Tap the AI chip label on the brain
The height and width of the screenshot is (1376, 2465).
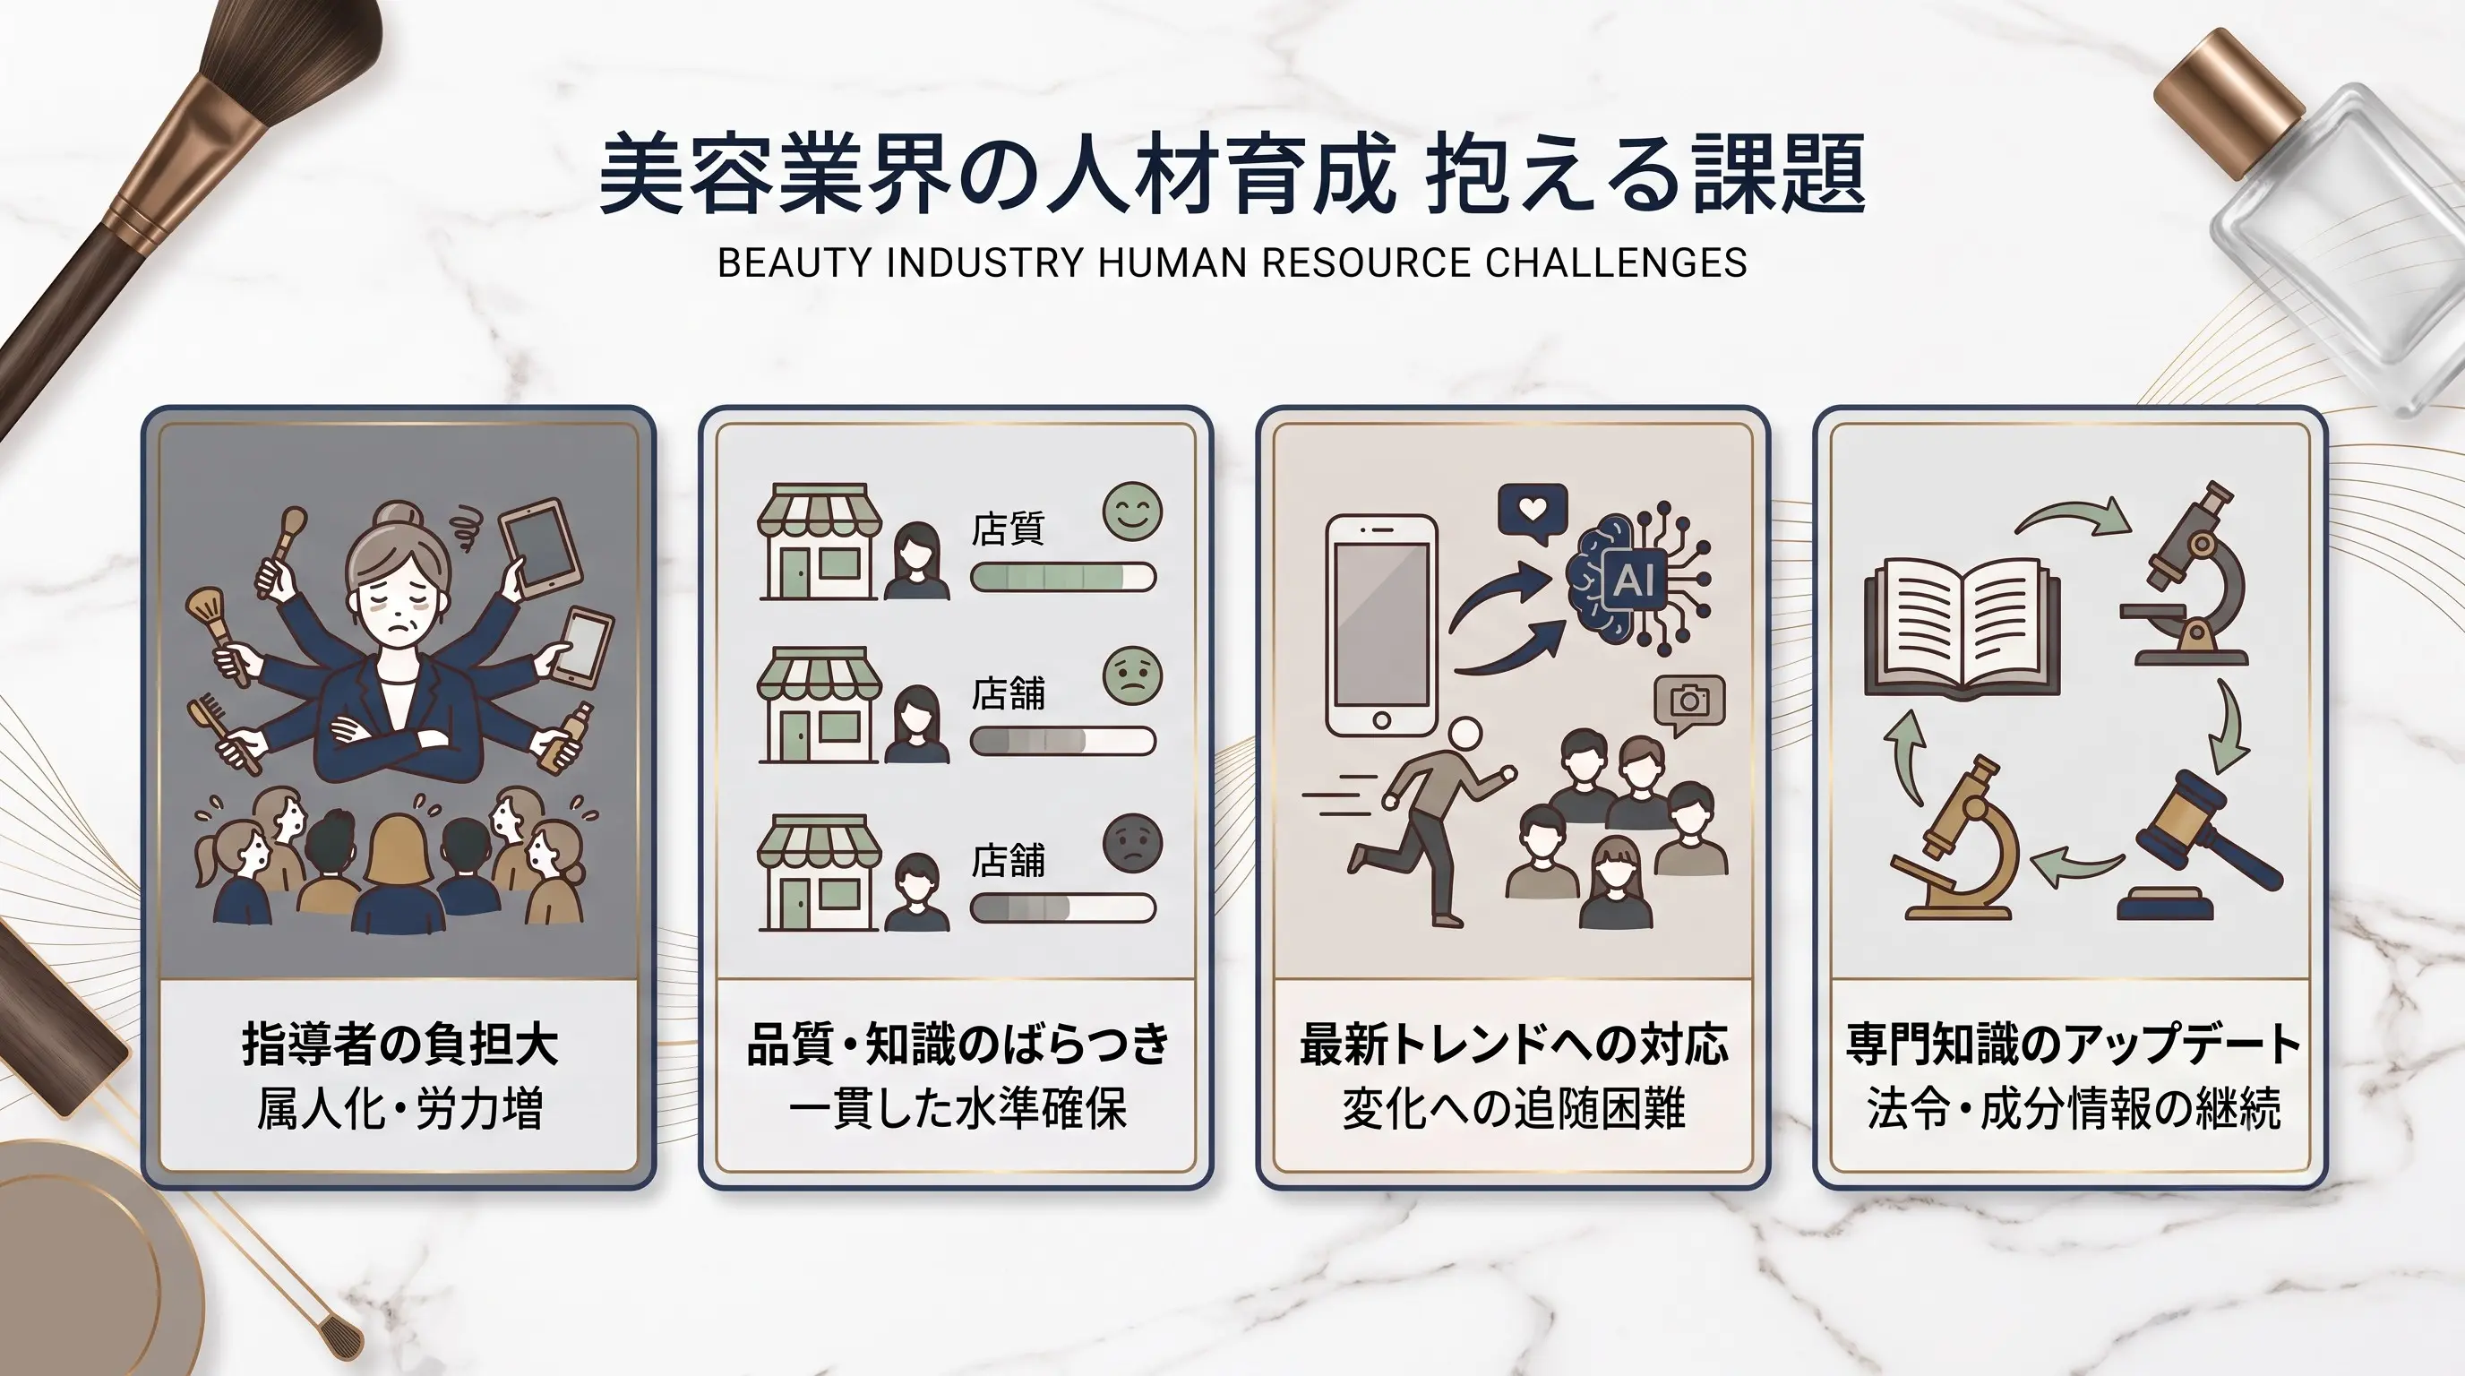1634,578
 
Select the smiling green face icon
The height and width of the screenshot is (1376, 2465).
1132,511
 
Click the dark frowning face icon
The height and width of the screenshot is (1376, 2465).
1132,843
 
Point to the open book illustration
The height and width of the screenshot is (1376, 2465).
1962,628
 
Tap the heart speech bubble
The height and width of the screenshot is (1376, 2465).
1533,511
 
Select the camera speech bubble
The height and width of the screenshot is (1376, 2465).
1690,704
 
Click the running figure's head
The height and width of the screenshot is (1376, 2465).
1464,735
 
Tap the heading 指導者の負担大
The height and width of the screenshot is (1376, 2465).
399,1044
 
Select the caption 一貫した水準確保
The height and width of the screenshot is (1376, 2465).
957,1110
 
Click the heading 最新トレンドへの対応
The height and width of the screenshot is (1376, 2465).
1514,1044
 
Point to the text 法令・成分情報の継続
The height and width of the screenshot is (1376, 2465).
2074,1109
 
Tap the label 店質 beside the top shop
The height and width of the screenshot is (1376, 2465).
1008,529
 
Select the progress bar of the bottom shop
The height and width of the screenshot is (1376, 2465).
1063,908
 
